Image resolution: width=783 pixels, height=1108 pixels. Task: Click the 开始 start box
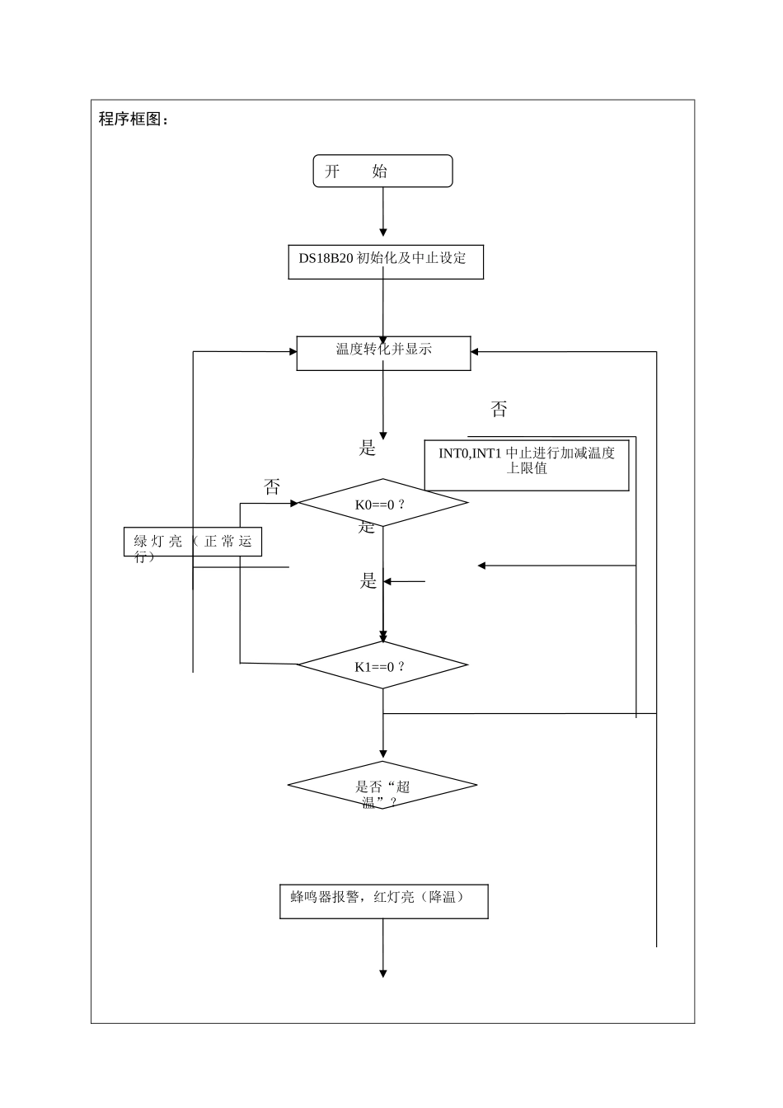tap(382, 171)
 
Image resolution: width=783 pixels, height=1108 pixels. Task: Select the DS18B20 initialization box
tap(385, 261)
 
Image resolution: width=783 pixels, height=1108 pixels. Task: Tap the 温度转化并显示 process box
tap(383, 353)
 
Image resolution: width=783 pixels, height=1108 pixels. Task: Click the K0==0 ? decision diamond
tap(382, 503)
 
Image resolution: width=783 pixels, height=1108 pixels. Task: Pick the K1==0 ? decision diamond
tap(382, 665)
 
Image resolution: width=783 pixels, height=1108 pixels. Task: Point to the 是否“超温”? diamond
tap(382, 786)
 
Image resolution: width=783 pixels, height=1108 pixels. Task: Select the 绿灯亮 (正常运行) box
tap(193, 542)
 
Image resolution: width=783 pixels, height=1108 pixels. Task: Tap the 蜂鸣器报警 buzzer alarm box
tap(383, 900)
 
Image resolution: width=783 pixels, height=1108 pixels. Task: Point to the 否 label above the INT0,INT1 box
tap(499, 410)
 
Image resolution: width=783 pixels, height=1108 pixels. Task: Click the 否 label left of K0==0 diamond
tap(272, 486)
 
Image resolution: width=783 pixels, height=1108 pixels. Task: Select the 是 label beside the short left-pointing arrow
tap(368, 581)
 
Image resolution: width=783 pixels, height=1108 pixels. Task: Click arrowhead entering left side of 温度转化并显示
tap(292, 352)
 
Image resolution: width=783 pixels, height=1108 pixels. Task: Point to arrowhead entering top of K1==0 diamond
tap(383, 636)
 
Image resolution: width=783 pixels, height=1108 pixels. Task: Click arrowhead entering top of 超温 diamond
tap(383, 755)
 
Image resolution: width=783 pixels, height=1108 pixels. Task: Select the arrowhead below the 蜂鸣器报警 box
tap(383, 974)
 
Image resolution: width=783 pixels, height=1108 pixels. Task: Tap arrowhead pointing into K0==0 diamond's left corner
tap(293, 502)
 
